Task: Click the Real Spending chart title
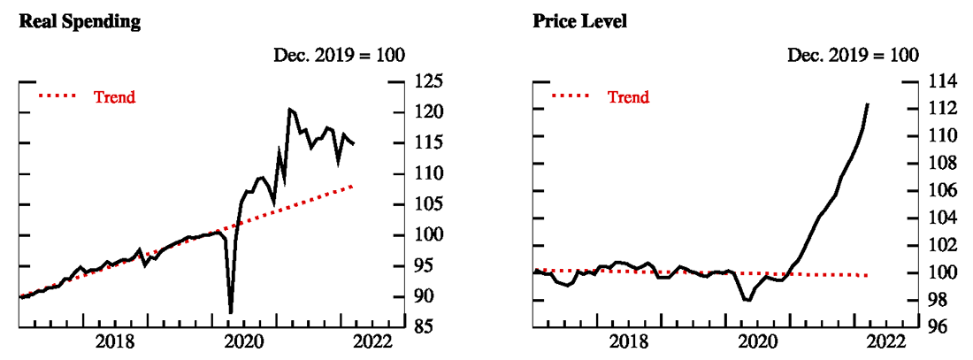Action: point(80,22)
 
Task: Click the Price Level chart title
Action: point(579,22)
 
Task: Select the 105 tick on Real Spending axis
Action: point(431,204)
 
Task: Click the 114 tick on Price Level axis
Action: point(945,81)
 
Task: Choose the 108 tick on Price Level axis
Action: point(945,163)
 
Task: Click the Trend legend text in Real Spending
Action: point(115,97)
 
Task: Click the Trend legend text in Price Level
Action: point(628,97)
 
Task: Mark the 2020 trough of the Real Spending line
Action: point(231,312)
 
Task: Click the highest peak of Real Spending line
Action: point(289,109)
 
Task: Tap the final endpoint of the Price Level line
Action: point(868,104)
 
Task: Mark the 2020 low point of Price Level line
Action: point(748,301)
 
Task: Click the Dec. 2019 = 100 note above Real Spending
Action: point(338,55)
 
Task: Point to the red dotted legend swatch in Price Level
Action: point(573,97)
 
